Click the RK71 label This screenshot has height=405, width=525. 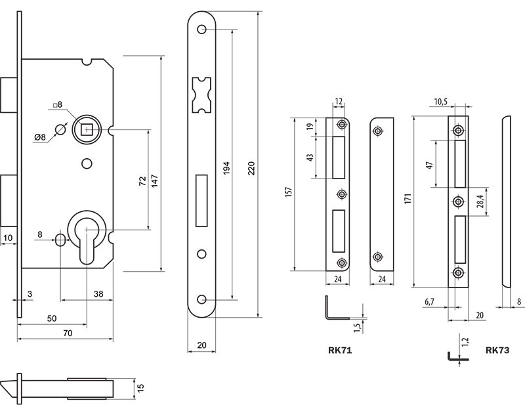340,351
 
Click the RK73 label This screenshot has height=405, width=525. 497,351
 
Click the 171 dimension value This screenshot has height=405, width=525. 406,201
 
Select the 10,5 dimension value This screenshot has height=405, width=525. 440,101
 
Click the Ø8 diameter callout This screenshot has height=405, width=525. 39,137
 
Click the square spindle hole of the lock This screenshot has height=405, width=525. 86,129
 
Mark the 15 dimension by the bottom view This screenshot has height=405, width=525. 139,388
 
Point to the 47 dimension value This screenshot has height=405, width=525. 429,164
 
